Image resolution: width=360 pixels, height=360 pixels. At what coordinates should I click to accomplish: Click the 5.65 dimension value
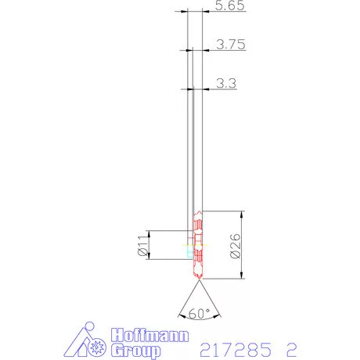[x=231, y=5]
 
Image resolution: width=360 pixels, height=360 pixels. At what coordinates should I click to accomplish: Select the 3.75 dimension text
[x=231, y=45]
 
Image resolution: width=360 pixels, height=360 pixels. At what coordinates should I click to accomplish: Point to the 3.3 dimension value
[x=226, y=82]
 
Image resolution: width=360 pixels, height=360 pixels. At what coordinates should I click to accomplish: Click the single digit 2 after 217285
[x=292, y=347]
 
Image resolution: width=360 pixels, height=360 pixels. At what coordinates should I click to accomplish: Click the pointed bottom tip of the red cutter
[x=197, y=280]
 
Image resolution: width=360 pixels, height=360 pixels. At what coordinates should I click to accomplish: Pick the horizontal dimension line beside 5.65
[x=196, y=12]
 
